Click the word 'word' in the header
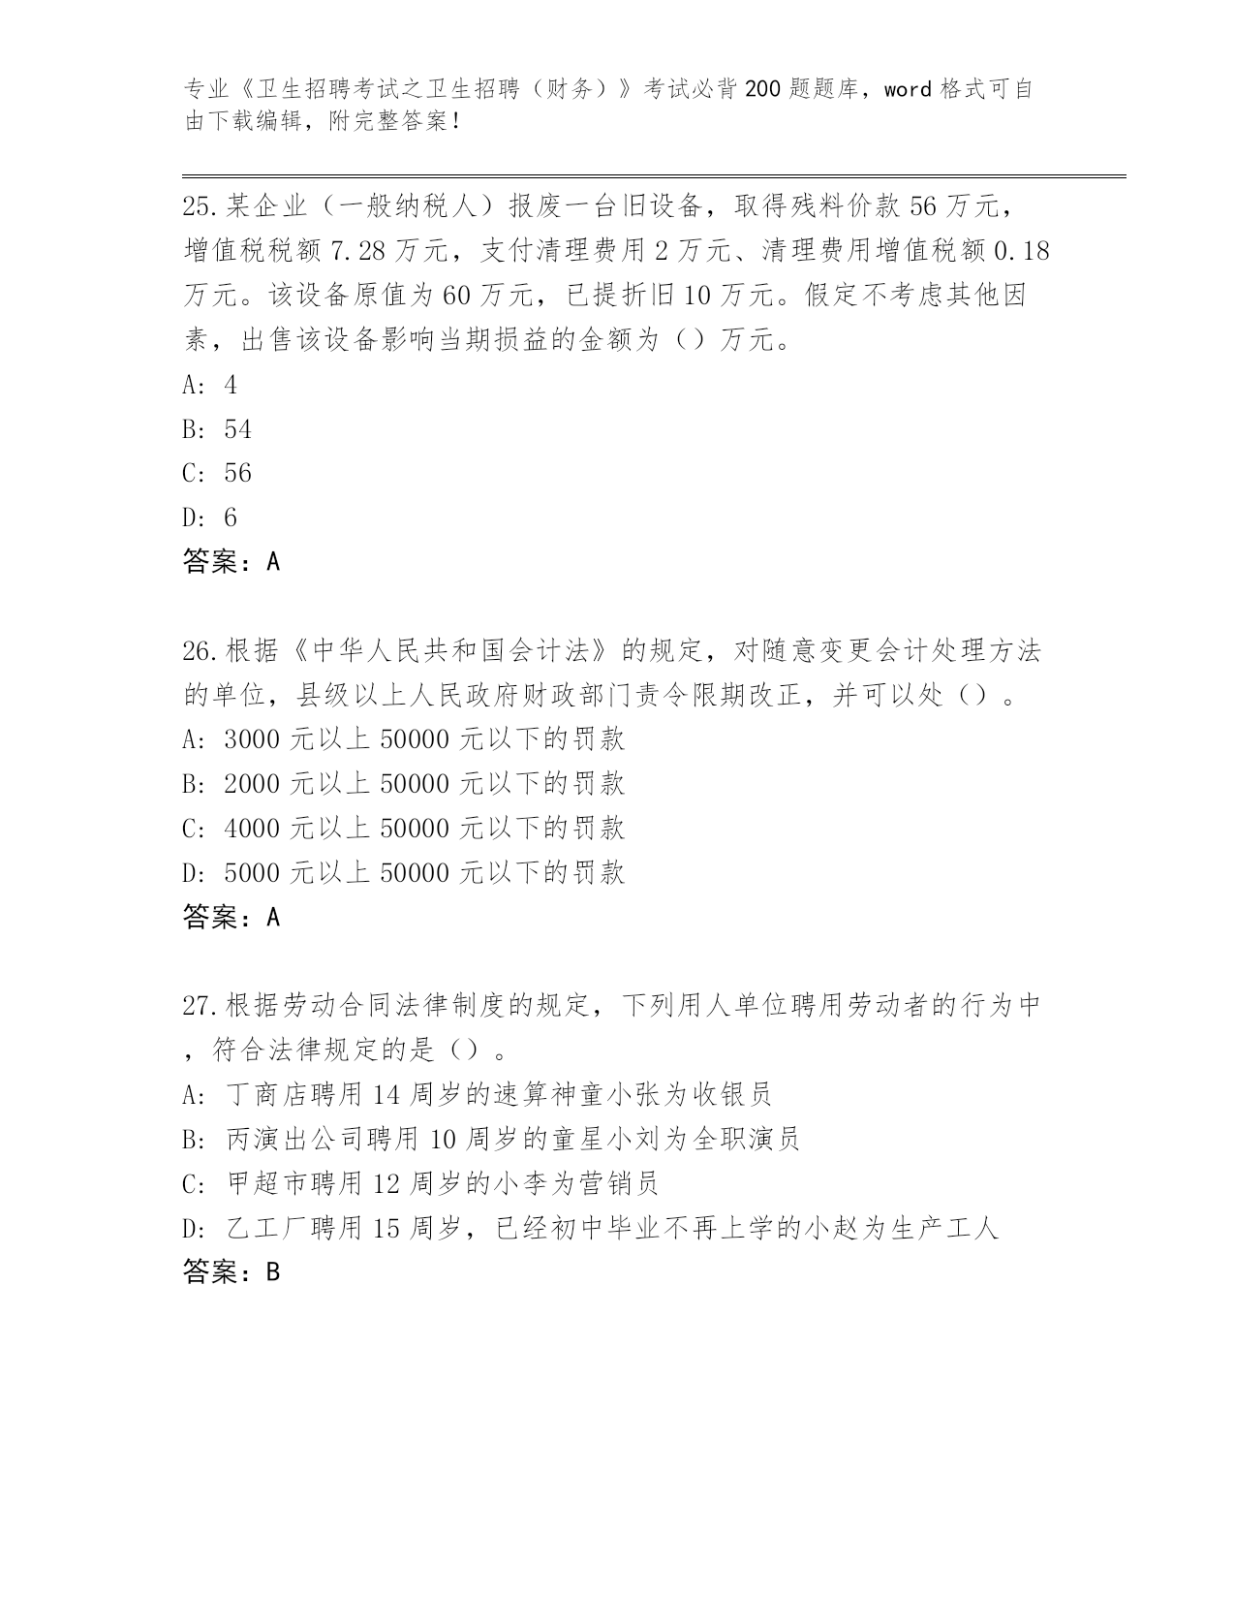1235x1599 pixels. tap(908, 90)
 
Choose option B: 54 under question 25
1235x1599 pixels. tap(237, 429)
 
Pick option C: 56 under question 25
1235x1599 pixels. tap(237, 473)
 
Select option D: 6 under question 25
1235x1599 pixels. tap(230, 517)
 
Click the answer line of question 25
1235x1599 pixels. tap(231, 562)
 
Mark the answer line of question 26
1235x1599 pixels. tap(231, 918)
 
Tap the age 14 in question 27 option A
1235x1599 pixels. tap(386, 1095)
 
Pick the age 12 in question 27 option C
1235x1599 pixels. tap(386, 1183)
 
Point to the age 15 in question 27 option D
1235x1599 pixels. tap(386, 1229)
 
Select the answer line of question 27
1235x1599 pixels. tap(231, 1272)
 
